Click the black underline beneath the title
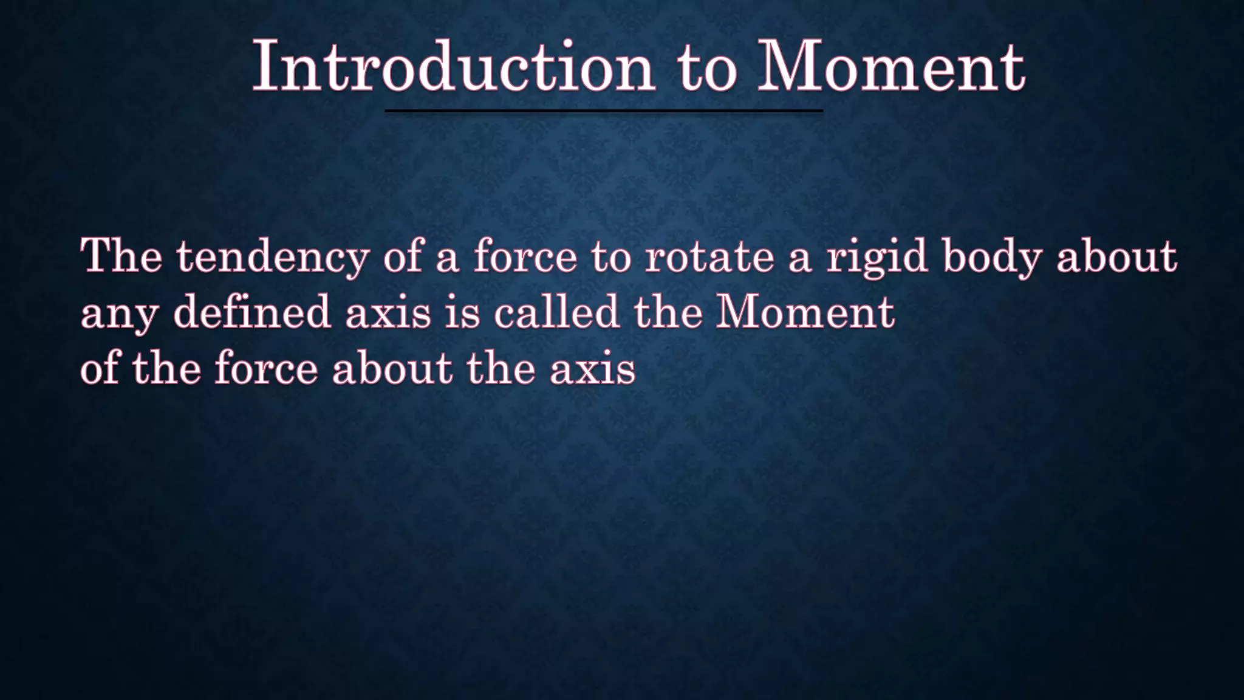point(604,111)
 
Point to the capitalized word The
point(121,256)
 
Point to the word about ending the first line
point(1116,256)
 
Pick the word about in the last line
point(392,368)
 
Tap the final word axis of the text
point(592,369)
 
